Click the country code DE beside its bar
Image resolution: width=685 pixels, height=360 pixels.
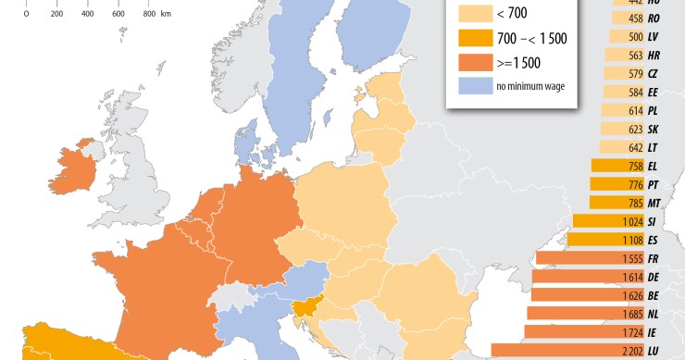click(x=654, y=277)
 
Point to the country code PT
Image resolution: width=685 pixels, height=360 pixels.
click(x=654, y=184)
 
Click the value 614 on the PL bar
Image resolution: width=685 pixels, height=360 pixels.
click(x=634, y=110)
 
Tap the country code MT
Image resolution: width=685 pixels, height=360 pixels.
click(x=654, y=203)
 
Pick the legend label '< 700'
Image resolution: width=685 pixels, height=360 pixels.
click(x=512, y=14)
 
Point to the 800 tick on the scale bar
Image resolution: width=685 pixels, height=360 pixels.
click(x=150, y=15)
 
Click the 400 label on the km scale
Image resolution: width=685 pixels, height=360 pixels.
click(x=87, y=15)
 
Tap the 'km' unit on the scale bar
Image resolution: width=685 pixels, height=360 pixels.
click(x=166, y=15)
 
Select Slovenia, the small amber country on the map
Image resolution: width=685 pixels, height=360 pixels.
click(x=305, y=312)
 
